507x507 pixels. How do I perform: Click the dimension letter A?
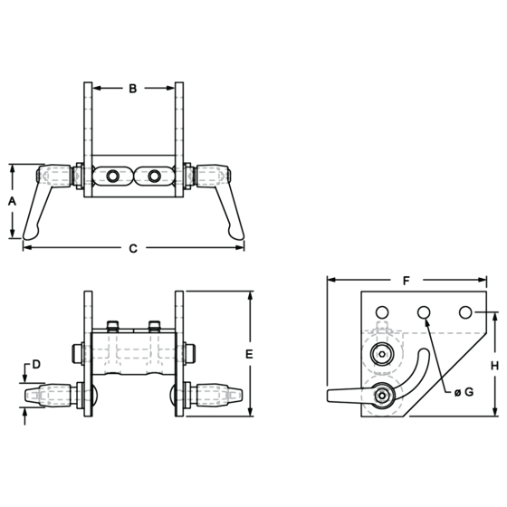coord(12,201)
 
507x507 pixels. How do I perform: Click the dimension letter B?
coord(133,89)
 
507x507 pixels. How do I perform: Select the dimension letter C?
coord(133,248)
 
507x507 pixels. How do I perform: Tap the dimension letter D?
coord(36,364)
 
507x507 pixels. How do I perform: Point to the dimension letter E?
coord(249,354)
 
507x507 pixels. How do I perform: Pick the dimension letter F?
coord(407,281)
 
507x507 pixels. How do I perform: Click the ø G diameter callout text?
coord(464,392)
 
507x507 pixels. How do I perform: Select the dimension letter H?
coord(494,366)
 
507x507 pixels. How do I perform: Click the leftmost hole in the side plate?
coord(382,312)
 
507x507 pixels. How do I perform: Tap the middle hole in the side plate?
coord(424,312)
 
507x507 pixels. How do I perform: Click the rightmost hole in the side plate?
coord(465,312)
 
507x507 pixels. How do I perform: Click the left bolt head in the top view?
coord(112,177)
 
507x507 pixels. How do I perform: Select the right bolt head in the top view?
coord(154,177)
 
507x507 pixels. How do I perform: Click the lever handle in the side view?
coord(345,396)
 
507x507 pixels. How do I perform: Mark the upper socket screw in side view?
coord(382,354)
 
